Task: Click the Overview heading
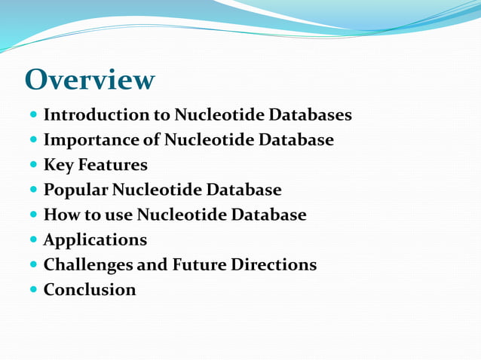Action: (x=90, y=79)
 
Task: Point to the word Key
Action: (x=57, y=165)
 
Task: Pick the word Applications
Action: (x=95, y=240)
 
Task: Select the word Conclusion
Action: (x=90, y=290)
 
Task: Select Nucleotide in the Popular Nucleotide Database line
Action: (x=166, y=190)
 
